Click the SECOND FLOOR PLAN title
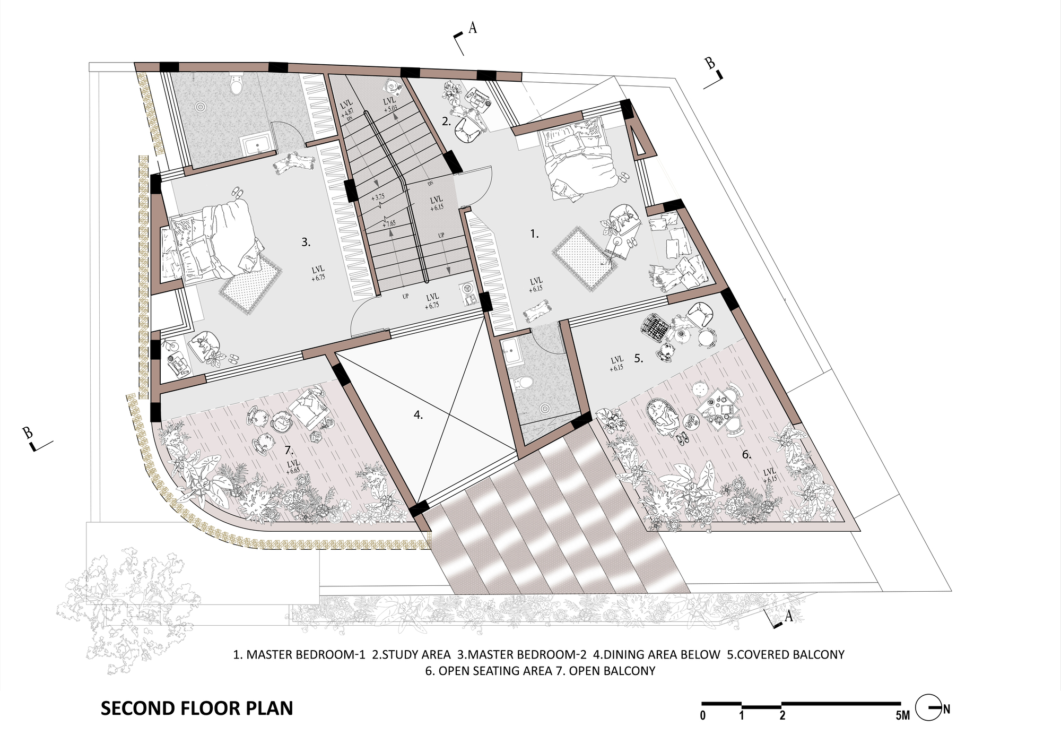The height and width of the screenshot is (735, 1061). coord(197,708)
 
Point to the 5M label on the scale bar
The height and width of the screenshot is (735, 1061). coord(902,715)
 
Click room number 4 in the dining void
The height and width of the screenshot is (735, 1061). coord(418,415)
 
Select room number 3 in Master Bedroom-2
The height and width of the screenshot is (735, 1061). coord(306,242)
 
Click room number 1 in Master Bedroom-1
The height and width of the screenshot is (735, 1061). coord(534,234)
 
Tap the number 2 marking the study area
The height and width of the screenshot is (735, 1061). coord(446,122)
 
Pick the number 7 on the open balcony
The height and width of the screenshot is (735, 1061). coord(289,450)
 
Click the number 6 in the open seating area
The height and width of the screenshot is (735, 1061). coord(746,454)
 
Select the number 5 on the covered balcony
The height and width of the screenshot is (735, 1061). coord(638,359)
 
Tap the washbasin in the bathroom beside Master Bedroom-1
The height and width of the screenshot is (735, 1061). coord(511,351)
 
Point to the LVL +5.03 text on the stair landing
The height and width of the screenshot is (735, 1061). coord(389,104)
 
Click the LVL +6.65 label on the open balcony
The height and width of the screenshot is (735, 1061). coord(293,466)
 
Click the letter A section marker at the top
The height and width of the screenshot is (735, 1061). coord(472,28)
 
